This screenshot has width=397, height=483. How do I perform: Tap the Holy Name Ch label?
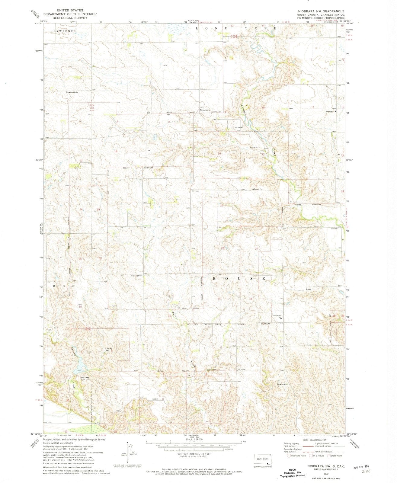(x=277, y=317)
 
